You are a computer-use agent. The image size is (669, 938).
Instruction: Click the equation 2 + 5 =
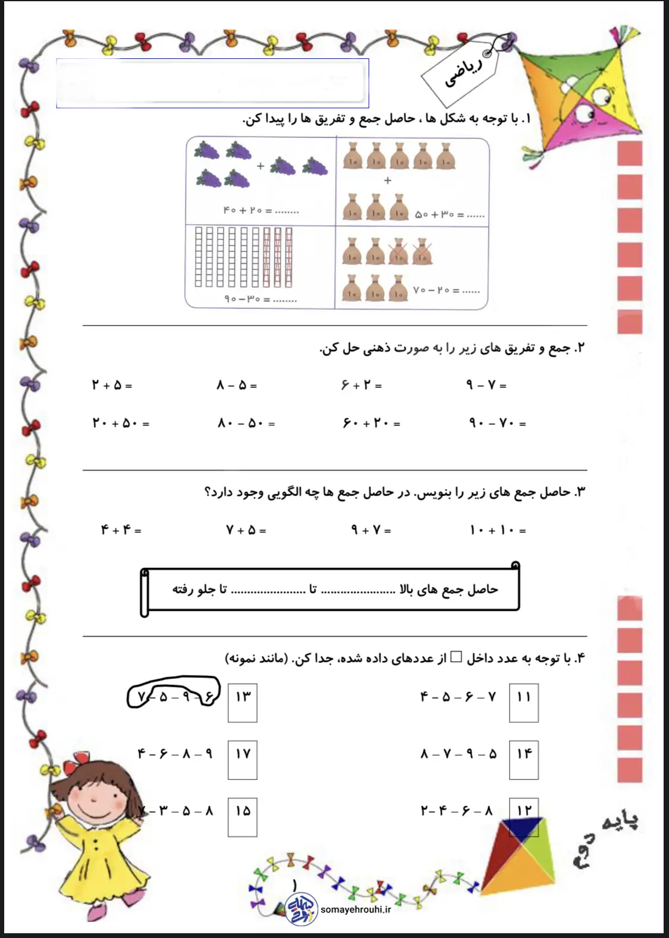[x=112, y=386]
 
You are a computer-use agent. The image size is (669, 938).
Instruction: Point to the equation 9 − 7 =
[x=486, y=386]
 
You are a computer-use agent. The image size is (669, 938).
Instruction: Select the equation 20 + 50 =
[x=121, y=424]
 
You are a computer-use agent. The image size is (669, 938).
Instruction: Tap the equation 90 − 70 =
[x=497, y=424]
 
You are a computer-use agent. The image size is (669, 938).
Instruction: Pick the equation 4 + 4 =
[x=121, y=530]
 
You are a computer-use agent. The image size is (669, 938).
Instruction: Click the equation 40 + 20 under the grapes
[x=261, y=211]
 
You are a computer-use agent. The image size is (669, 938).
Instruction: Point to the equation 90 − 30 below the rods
[x=260, y=299]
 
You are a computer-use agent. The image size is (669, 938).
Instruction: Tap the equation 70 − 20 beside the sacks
[x=446, y=291]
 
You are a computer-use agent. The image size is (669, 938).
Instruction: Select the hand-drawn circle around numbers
[x=173, y=693]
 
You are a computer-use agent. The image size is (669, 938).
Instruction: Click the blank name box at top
[x=212, y=83]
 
